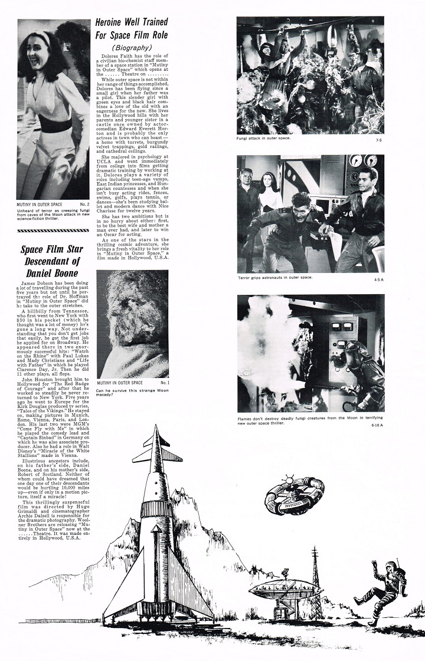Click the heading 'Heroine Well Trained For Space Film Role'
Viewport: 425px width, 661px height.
click(x=132, y=31)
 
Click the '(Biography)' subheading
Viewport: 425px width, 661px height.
click(x=131, y=47)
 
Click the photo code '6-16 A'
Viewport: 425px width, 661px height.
click(x=377, y=425)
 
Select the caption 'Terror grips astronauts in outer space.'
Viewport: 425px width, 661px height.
click(x=275, y=277)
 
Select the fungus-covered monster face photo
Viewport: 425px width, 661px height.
click(x=132, y=321)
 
